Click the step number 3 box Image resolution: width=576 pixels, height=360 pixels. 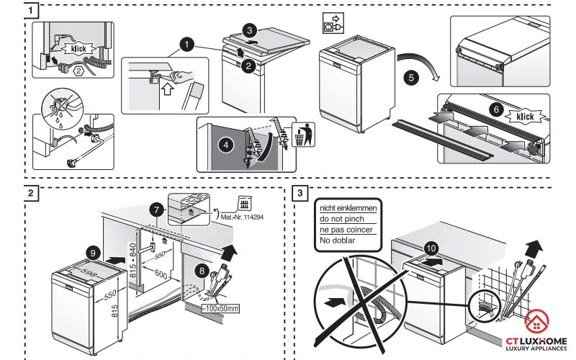300,193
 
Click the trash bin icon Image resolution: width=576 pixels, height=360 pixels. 303,134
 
